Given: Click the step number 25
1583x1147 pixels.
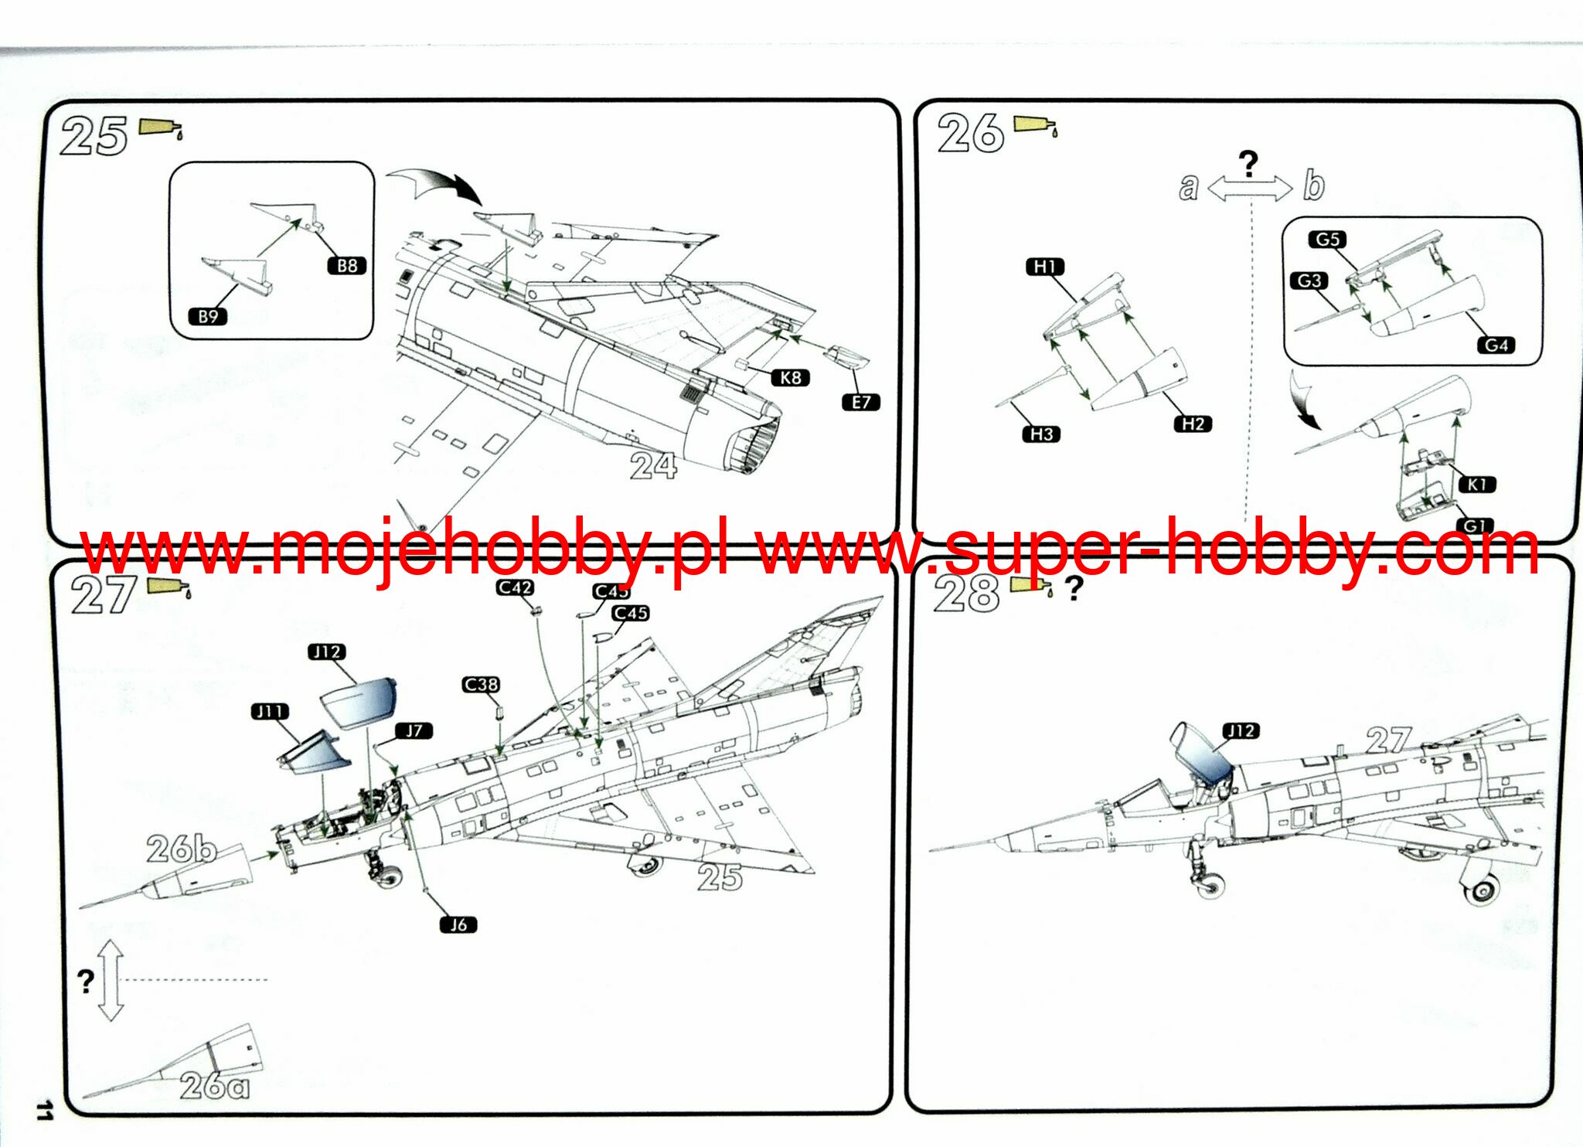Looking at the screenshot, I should coord(94,137).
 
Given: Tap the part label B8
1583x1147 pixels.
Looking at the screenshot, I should coord(347,266).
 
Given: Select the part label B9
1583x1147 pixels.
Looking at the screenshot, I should coord(208,316).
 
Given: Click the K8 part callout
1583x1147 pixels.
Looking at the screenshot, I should coord(790,378).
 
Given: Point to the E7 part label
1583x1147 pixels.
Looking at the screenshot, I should coord(861,402).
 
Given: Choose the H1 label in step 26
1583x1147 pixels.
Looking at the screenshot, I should coord(1045,267).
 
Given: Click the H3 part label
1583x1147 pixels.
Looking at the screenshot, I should coord(1041,434).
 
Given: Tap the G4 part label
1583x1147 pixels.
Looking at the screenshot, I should coord(1496,345).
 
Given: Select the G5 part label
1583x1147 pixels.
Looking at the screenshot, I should coord(1327,240).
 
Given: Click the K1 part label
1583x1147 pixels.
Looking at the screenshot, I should coord(1477,485).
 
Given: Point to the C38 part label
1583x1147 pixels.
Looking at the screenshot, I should coord(481,685).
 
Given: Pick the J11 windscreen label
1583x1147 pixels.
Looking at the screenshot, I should coord(270,711).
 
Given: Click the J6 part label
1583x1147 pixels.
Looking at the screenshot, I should coord(458,924).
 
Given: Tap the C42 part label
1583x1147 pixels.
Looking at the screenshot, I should coord(515,587).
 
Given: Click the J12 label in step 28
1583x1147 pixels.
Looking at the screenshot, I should coord(1241,731).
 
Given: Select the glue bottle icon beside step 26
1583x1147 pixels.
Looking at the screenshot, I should coord(1035,125).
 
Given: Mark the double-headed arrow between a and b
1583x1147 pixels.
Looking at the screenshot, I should coord(1249,188).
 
